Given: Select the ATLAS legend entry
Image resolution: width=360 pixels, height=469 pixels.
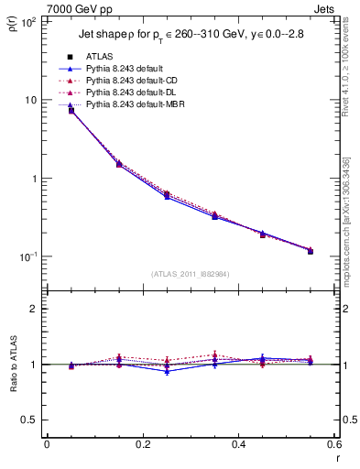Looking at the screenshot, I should pos(99,57).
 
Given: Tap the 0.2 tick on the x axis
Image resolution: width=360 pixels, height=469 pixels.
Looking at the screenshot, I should pos(142,444).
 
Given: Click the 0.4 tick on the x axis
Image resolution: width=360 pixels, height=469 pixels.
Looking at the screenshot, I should pos(238,444).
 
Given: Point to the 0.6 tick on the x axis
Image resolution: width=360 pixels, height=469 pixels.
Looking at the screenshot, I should pos(333,444).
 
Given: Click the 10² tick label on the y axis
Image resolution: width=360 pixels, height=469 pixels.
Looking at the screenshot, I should pos(28,21).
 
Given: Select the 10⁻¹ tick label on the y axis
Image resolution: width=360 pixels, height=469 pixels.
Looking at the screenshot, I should pos(27,256).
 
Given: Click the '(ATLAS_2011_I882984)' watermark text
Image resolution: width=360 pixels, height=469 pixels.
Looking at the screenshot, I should pos(190,273).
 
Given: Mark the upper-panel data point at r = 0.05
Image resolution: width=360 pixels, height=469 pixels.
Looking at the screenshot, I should pos(71,111).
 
